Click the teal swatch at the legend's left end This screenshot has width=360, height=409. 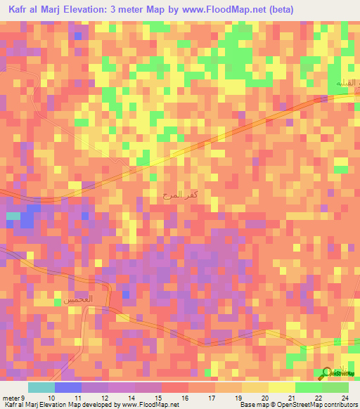coord(41,388)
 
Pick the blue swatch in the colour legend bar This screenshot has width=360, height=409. coord(67,388)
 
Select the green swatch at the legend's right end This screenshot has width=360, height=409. coord(335,388)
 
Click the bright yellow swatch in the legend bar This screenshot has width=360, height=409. coord(281,388)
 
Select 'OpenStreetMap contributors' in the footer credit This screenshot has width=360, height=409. coord(321,405)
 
